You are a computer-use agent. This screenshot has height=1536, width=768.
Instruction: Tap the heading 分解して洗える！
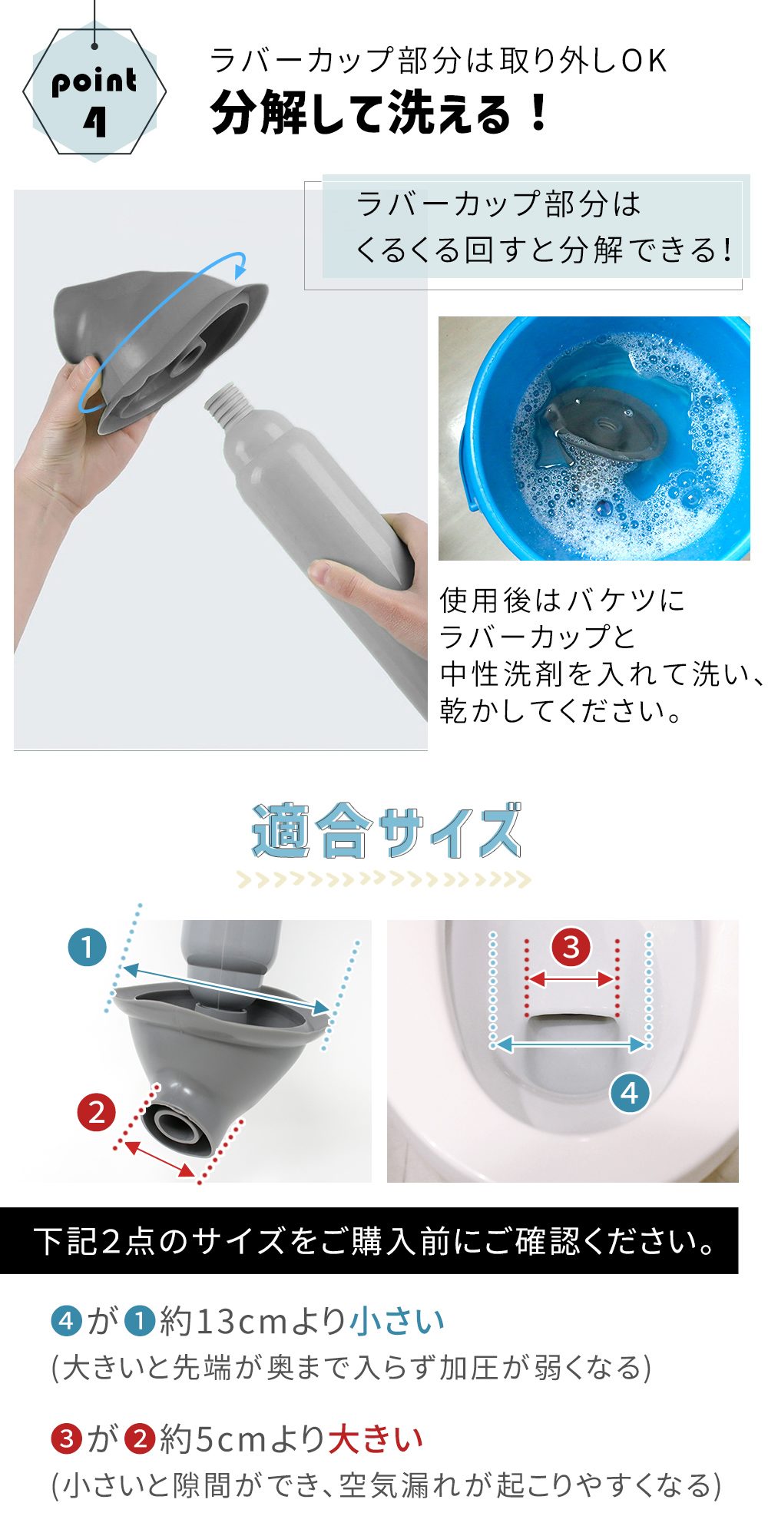pos(379,113)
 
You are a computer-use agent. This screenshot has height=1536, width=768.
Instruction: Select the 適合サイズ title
pos(386,831)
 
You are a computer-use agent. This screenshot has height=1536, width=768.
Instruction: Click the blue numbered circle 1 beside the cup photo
pos(87,948)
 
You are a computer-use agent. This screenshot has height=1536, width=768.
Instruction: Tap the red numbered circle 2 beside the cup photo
pos(97,1112)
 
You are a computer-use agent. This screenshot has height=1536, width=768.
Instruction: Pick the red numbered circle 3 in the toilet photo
pos(571,947)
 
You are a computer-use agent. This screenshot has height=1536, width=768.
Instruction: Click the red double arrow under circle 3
pos(571,979)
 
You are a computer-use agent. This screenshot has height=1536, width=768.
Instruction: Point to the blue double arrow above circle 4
pos(571,1044)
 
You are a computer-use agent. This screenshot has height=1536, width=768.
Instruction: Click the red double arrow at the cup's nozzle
pos(160,1159)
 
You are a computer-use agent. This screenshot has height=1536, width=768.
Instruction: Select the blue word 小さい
pos(398,1321)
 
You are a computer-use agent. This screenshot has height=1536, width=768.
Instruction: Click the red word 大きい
pos(376,1438)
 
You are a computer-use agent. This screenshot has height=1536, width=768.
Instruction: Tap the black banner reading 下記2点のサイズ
pos(369,1240)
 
